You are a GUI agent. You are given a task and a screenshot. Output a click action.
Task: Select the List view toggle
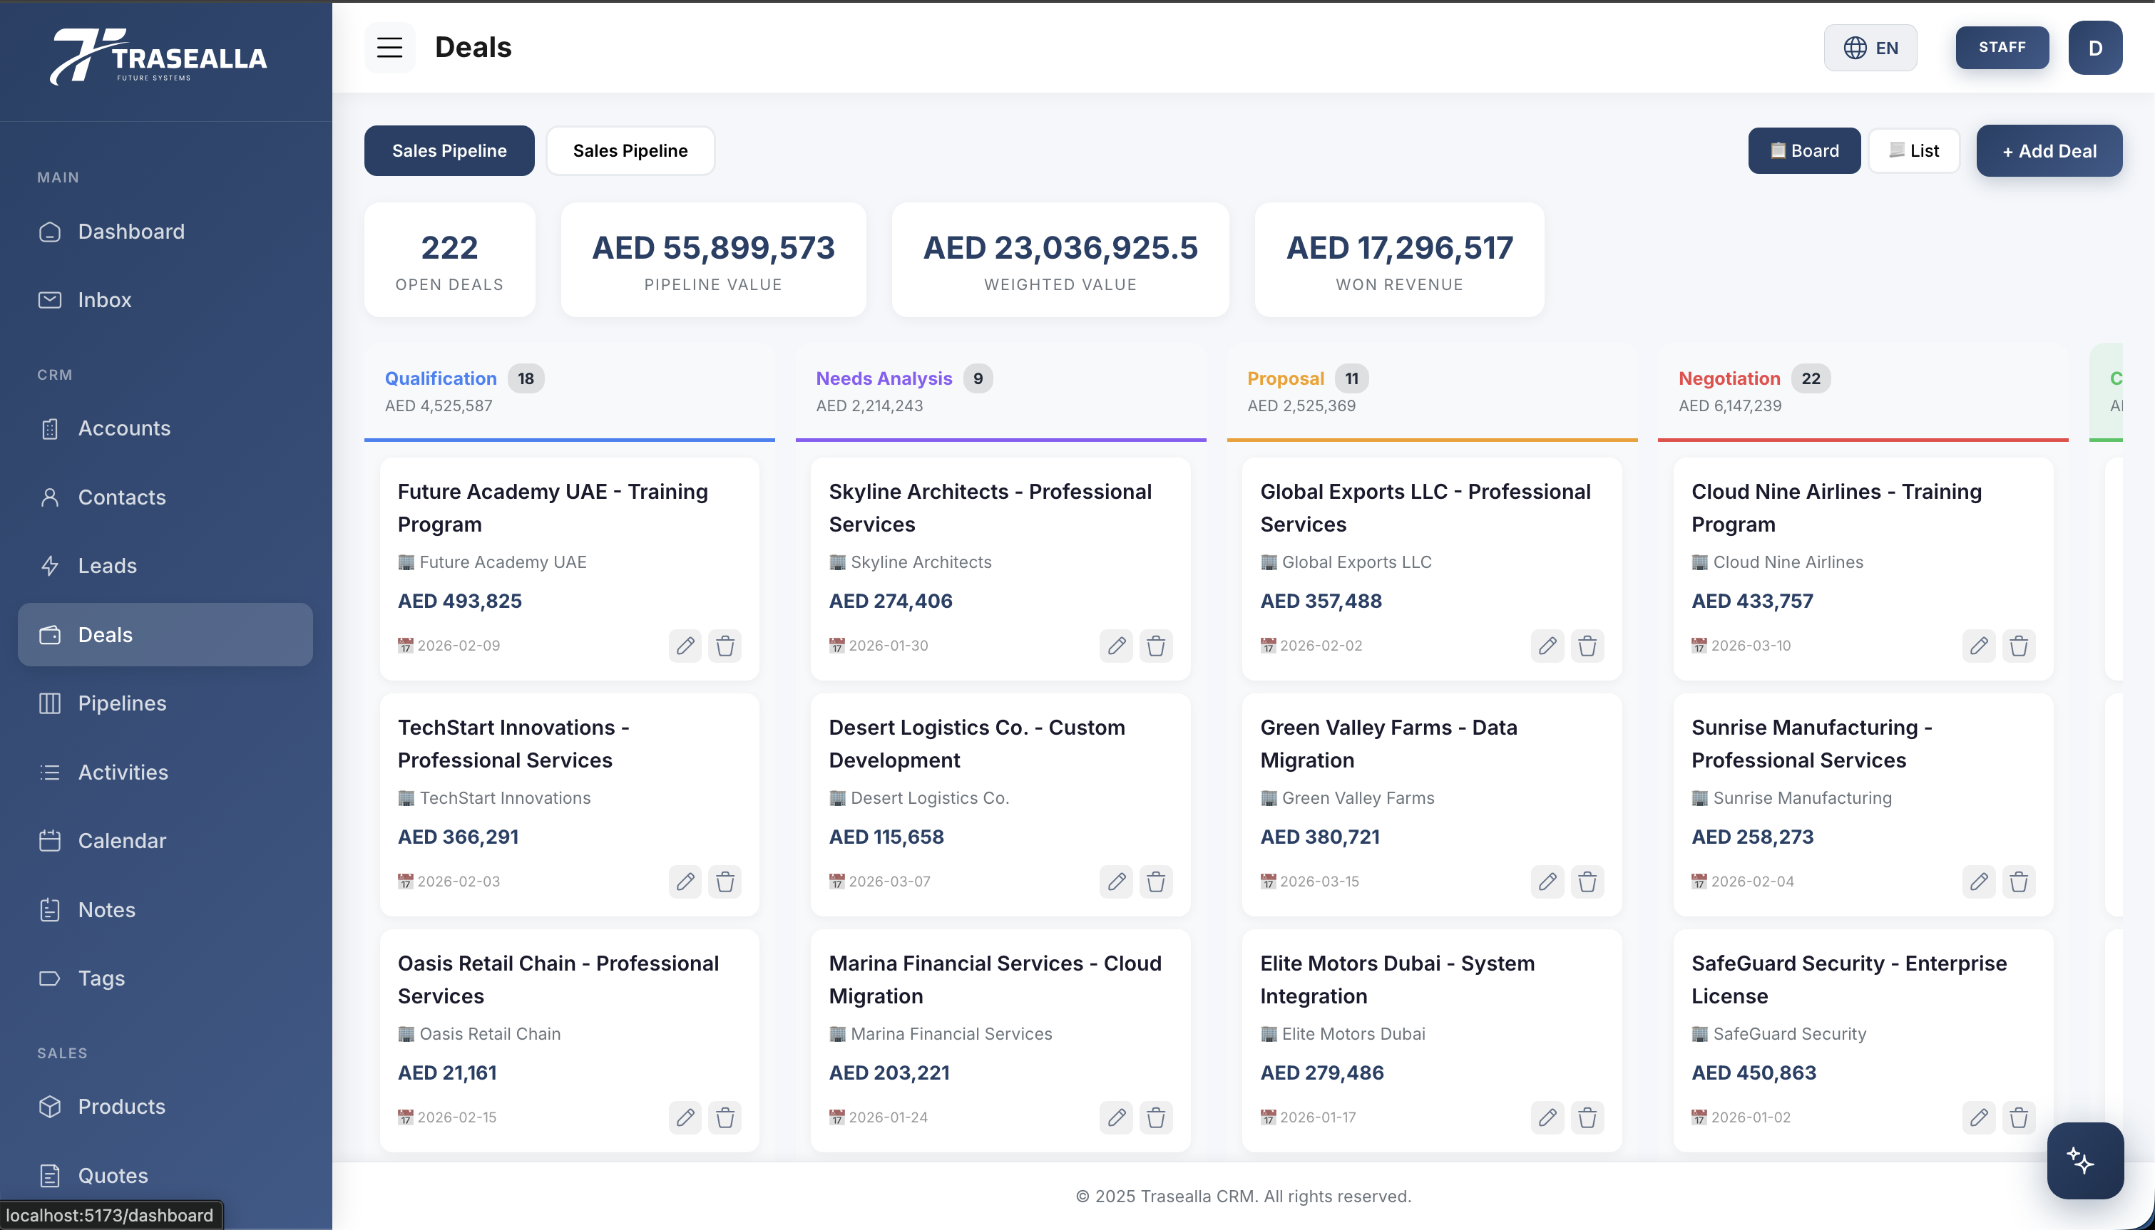tap(1913, 150)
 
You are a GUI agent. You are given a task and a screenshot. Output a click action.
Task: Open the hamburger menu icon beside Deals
tap(389, 48)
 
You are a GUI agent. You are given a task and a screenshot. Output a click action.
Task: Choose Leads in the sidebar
tap(108, 565)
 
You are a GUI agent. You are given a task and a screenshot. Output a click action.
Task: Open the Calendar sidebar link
tap(122, 841)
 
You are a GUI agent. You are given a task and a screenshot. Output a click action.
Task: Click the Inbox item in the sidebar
tap(104, 300)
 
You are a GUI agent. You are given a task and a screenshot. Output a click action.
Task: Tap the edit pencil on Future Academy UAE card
tap(685, 646)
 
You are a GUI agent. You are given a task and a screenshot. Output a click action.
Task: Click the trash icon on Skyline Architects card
tap(1155, 646)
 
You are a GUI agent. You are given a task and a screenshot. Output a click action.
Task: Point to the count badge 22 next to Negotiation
tap(1810, 378)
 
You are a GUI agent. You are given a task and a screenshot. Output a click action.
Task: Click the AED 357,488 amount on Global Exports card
tap(1320, 601)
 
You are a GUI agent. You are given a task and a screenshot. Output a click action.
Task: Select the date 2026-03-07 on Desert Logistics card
tap(889, 881)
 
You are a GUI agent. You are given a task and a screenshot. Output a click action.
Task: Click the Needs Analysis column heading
tap(883, 378)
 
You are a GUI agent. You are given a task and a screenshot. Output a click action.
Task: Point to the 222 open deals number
tap(449, 247)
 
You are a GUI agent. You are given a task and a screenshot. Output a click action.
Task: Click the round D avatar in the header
tap(2094, 48)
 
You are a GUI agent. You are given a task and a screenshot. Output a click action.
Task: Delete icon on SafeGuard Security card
tap(2018, 1117)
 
